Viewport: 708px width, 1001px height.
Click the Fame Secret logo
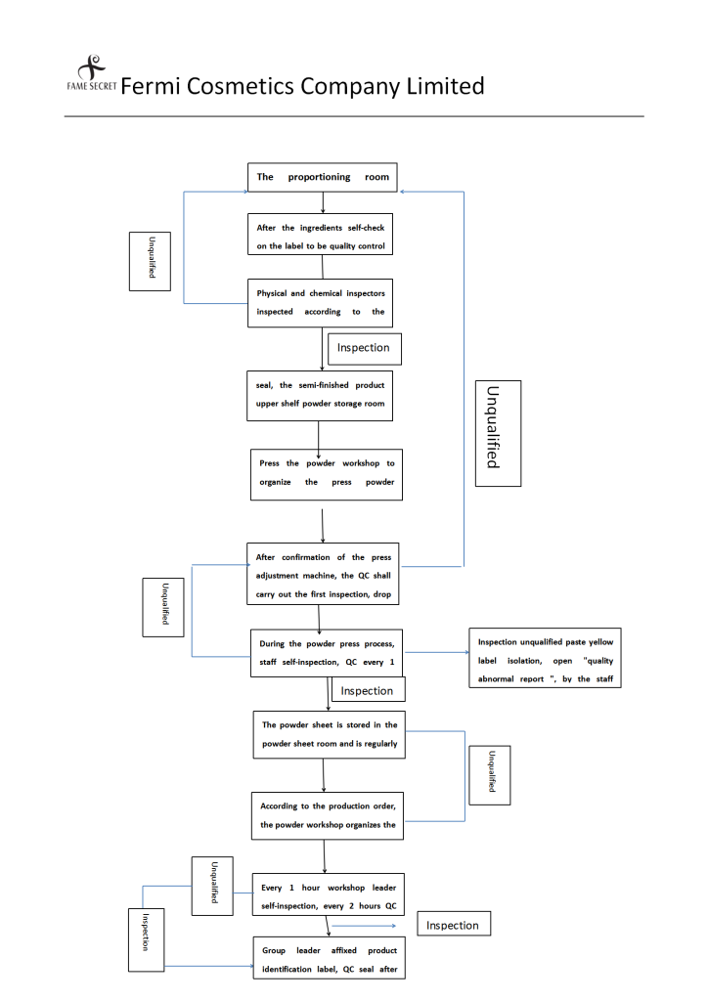click(92, 72)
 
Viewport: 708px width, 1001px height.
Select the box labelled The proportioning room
click(323, 178)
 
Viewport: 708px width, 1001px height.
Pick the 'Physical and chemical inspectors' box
click(321, 303)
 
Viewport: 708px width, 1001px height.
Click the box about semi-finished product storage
click(320, 396)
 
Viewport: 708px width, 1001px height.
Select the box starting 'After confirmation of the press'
click(323, 574)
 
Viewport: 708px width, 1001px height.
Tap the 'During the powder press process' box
click(327, 653)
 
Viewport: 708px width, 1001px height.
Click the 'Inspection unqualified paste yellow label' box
click(546, 658)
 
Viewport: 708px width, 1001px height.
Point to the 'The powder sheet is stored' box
click(330, 735)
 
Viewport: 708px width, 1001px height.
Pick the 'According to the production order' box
click(328, 816)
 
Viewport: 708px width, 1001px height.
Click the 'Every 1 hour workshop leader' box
click(329, 894)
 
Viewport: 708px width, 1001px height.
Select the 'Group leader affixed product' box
click(330, 958)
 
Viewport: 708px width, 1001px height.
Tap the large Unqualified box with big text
click(498, 433)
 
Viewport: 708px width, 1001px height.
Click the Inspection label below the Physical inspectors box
click(365, 349)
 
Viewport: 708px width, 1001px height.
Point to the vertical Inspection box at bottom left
click(147, 939)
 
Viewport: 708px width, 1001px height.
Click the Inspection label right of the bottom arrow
click(454, 924)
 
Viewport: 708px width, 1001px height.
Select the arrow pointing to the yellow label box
click(437, 652)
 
